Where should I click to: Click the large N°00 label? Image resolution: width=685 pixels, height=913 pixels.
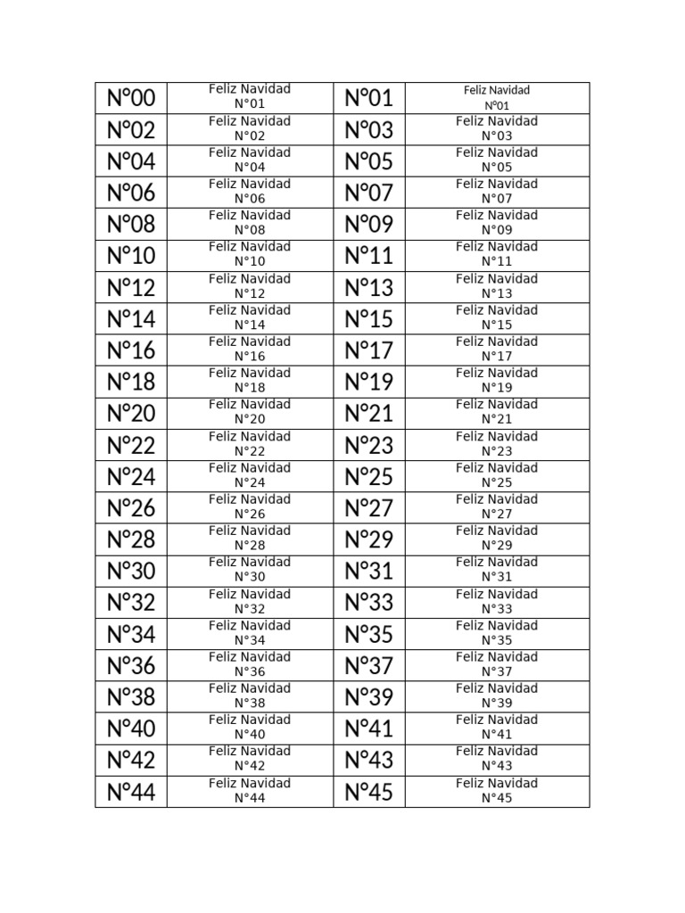(x=131, y=98)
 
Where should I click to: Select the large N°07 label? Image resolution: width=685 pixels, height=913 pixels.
(x=368, y=193)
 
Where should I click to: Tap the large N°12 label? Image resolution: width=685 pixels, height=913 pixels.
(x=131, y=287)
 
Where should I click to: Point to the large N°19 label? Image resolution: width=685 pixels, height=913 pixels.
(x=368, y=382)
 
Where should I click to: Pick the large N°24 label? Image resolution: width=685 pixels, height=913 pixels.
(x=131, y=476)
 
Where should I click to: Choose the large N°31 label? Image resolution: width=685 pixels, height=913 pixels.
(x=368, y=571)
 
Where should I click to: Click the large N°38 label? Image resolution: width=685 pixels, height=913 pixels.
(x=131, y=696)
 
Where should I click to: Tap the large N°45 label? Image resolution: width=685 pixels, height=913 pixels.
(x=368, y=791)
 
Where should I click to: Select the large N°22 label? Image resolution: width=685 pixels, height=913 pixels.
(x=131, y=445)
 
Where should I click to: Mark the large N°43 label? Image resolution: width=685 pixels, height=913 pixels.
(x=368, y=760)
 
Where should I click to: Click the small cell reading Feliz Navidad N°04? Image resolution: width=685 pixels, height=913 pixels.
(x=250, y=160)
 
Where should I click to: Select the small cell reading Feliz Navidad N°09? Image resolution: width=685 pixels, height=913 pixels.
(x=497, y=223)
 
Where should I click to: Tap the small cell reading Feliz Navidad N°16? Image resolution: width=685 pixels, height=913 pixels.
(x=250, y=349)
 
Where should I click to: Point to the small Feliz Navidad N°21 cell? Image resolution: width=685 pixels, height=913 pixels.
(x=497, y=412)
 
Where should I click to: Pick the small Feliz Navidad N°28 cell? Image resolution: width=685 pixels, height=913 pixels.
(x=250, y=538)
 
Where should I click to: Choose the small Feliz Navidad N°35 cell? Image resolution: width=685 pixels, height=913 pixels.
(x=497, y=633)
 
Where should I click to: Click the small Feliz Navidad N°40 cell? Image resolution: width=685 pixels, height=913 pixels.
(x=250, y=728)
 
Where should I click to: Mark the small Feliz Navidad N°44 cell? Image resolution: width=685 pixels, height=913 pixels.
(x=250, y=791)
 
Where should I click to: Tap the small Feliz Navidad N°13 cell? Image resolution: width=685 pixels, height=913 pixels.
(x=497, y=286)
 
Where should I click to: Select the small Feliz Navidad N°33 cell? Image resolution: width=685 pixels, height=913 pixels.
(x=497, y=602)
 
